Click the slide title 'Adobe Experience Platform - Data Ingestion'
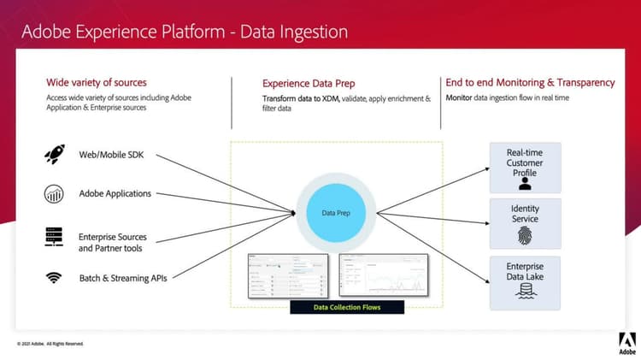click(184, 32)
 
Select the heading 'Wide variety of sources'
click(96, 83)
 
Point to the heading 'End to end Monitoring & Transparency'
click(530, 83)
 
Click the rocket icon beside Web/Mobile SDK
click(55, 155)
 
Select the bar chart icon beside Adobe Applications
click(55, 194)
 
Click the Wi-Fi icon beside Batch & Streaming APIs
click(55, 277)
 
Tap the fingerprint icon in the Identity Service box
click(525, 233)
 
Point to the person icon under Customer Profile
click(525, 182)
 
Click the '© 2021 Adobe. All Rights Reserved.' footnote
click(50, 344)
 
